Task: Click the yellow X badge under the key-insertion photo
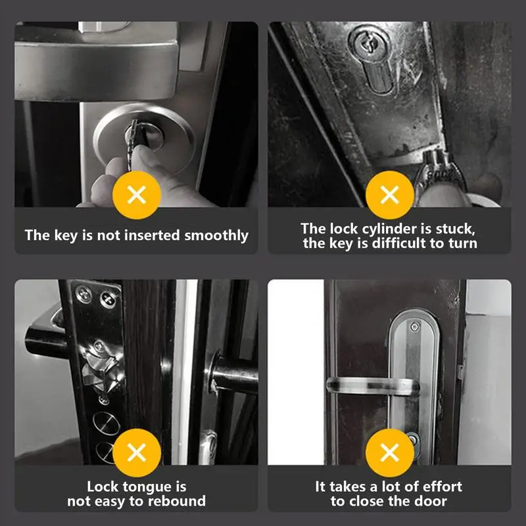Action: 137,195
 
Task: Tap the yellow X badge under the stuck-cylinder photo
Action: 390,195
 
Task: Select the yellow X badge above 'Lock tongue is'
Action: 137,452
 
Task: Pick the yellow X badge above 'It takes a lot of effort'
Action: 390,452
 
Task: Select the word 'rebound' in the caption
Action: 177,501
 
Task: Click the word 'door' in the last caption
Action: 431,501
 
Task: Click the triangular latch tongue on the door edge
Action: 103,369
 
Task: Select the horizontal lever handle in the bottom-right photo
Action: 372,386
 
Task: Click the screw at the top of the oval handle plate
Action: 415,326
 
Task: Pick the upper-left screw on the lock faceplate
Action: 84,294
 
